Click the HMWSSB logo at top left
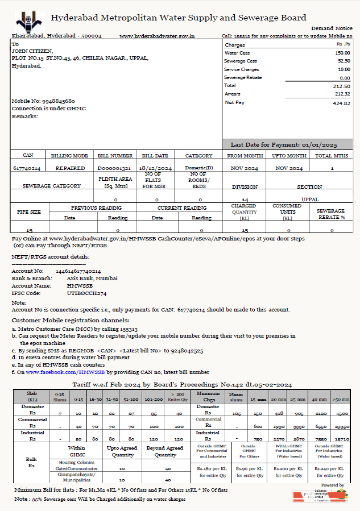pyautogui.click(x=30, y=20)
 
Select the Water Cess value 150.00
pyautogui.click(x=342, y=53)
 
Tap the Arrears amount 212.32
pyautogui.click(x=342, y=94)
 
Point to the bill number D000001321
pyautogui.click(x=114, y=169)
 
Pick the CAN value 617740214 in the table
pyautogui.click(x=27, y=169)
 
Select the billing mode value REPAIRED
pyautogui.click(x=70, y=169)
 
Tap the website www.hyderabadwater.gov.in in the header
pyautogui.click(x=157, y=36)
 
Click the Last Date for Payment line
pyautogui.click(x=284, y=145)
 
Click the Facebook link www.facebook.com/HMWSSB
pyautogui.click(x=65, y=372)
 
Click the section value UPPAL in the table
pyautogui.click(x=310, y=200)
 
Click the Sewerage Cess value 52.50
pyautogui.click(x=344, y=61)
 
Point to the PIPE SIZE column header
pyautogui.click(x=28, y=211)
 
